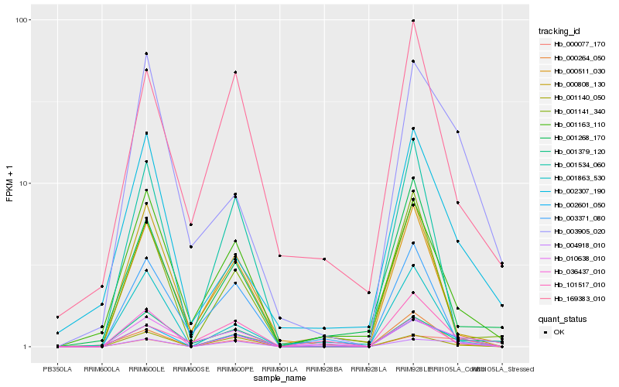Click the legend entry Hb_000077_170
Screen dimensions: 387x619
573,44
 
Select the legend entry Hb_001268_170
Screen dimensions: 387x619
573,138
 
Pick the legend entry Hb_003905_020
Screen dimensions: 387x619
573,231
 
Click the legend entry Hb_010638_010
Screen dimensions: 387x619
573,258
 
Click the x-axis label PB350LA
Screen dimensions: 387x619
56,368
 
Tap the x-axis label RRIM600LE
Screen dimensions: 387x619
146,368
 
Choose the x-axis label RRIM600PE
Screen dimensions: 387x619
235,368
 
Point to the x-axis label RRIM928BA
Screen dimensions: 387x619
324,368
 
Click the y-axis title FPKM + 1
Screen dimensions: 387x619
9,183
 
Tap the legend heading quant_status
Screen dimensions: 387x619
563,318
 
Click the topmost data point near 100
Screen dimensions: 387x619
413,21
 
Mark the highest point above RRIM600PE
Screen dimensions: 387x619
235,73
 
